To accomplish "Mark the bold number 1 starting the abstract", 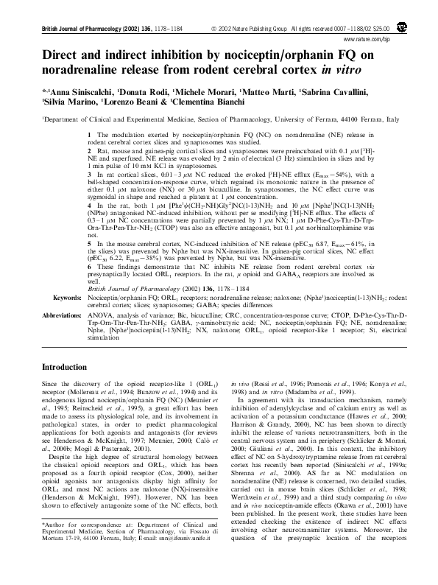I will click(x=89, y=136).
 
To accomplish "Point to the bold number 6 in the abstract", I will click(x=89, y=272).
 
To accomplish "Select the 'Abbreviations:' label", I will click(x=60, y=315).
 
